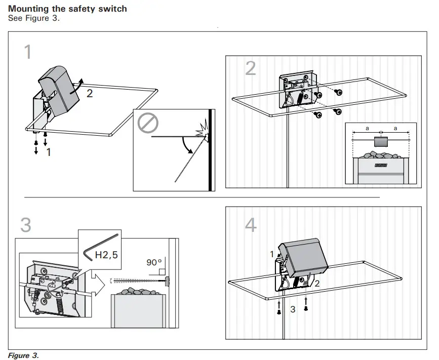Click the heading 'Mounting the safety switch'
[x=68, y=9]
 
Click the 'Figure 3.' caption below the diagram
[x=23, y=355]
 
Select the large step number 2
[x=250, y=68]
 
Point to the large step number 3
[x=26, y=224]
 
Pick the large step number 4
[x=251, y=224]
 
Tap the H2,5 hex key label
[x=106, y=255]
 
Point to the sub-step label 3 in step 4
[x=293, y=309]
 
